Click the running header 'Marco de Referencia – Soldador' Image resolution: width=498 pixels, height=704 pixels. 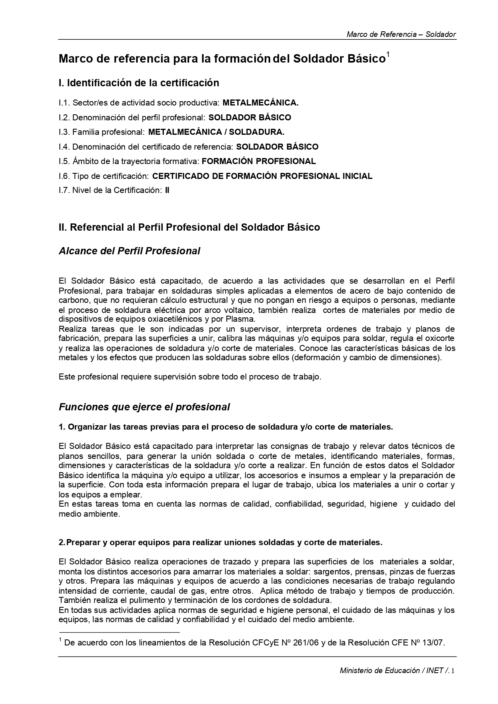click(x=401, y=34)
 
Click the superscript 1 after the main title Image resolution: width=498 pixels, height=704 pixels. click(x=388, y=55)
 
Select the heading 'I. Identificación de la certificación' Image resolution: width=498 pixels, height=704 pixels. click(x=139, y=83)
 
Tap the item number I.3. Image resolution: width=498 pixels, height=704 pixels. click(x=64, y=132)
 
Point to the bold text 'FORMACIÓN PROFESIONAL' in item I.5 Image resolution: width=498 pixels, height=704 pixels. click(x=259, y=161)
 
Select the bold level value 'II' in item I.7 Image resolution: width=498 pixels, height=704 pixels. click(x=167, y=191)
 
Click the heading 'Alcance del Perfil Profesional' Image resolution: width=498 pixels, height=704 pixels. click(x=129, y=251)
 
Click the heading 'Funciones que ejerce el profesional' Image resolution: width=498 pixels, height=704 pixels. click(x=144, y=407)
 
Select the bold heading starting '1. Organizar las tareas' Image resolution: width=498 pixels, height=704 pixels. click(x=226, y=427)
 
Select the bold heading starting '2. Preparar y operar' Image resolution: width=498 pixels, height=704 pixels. click(x=220, y=543)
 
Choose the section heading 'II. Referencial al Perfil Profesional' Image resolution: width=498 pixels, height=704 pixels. click(x=189, y=227)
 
